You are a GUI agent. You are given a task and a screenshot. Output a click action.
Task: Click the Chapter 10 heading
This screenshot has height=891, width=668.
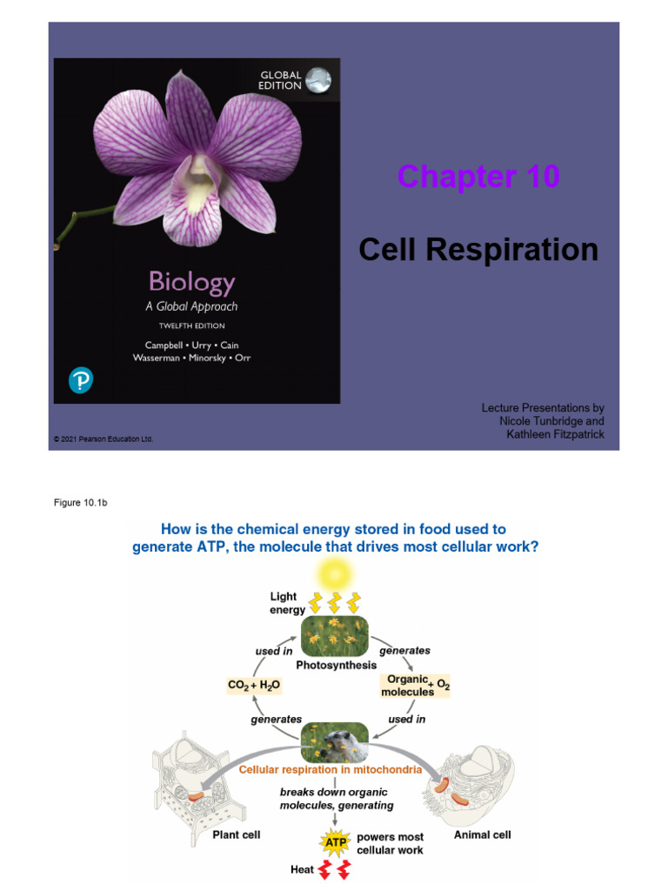478,178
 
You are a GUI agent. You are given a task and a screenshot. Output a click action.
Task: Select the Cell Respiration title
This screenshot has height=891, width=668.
478,250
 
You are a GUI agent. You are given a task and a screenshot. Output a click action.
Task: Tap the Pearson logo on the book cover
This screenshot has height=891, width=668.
80,380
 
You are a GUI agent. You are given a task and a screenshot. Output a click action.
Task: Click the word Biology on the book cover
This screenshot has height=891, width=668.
191,282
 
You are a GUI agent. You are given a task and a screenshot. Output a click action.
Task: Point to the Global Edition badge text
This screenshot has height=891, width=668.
281,80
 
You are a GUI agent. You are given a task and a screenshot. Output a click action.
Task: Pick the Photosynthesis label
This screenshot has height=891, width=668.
336,666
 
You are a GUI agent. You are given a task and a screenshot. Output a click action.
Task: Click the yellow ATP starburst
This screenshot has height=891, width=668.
335,842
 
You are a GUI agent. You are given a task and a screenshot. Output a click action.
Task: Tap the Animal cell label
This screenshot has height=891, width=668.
483,834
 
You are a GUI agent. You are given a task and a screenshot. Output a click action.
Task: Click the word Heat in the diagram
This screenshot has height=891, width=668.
303,869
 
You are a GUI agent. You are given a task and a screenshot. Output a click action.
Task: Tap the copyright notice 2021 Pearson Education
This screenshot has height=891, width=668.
104,439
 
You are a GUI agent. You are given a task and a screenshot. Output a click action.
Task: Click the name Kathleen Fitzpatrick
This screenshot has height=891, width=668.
556,434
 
